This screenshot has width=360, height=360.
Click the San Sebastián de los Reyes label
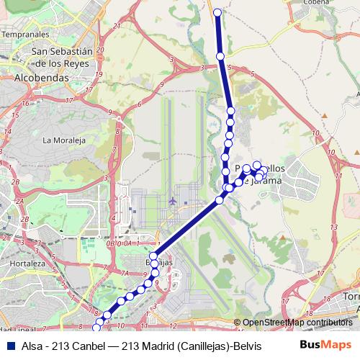click(63, 57)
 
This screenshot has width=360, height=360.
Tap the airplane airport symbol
click(172, 200)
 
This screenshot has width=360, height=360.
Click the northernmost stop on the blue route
click(217, 12)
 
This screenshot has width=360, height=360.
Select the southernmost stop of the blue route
click(97, 328)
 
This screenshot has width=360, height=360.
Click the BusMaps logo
click(325, 345)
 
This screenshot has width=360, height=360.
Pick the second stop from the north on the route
click(220, 55)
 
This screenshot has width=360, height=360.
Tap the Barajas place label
click(160, 262)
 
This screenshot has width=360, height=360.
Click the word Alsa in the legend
click(32, 346)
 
